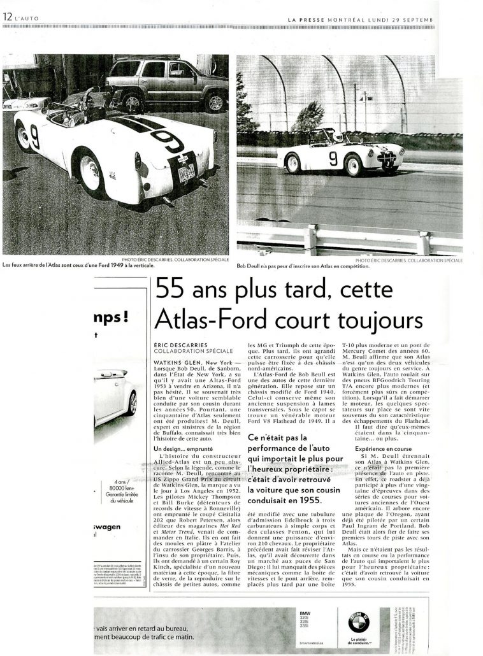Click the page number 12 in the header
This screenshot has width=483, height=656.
(7, 17)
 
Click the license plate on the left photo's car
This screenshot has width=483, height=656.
(187, 173)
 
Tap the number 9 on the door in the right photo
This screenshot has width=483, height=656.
(333, 159)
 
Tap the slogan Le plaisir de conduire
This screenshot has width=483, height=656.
(361, 642)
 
